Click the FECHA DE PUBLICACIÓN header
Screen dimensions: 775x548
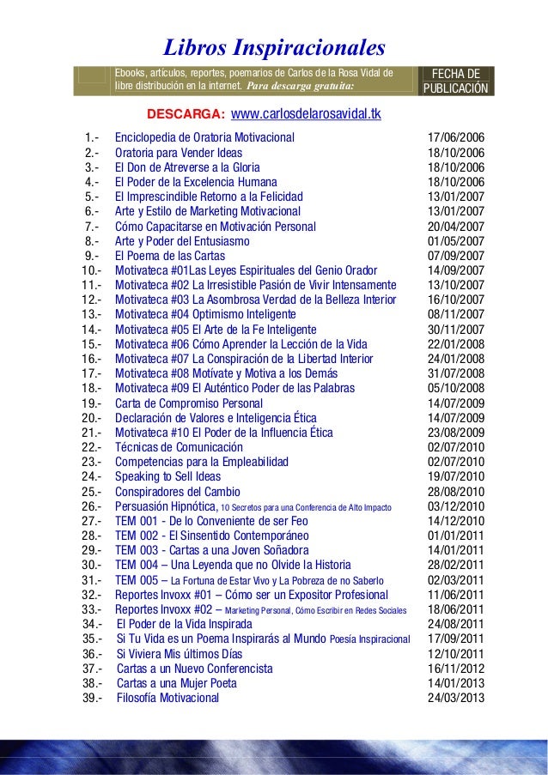[x=455, y=81]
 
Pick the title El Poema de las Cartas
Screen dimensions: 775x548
[x=172, y=256]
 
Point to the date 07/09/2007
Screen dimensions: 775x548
[x=455, y=256]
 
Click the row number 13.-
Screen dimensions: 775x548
[x=90, y=315]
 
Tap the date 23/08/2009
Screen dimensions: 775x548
[x=455, y=433]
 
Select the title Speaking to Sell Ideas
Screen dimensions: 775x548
[x=168, y=476]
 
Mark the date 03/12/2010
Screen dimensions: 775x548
[x=455, y=506]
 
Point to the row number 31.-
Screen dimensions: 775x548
[x=90, y=580]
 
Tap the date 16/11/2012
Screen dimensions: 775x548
[x=455, y=669]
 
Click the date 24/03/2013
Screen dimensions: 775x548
[x=455, y=698]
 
